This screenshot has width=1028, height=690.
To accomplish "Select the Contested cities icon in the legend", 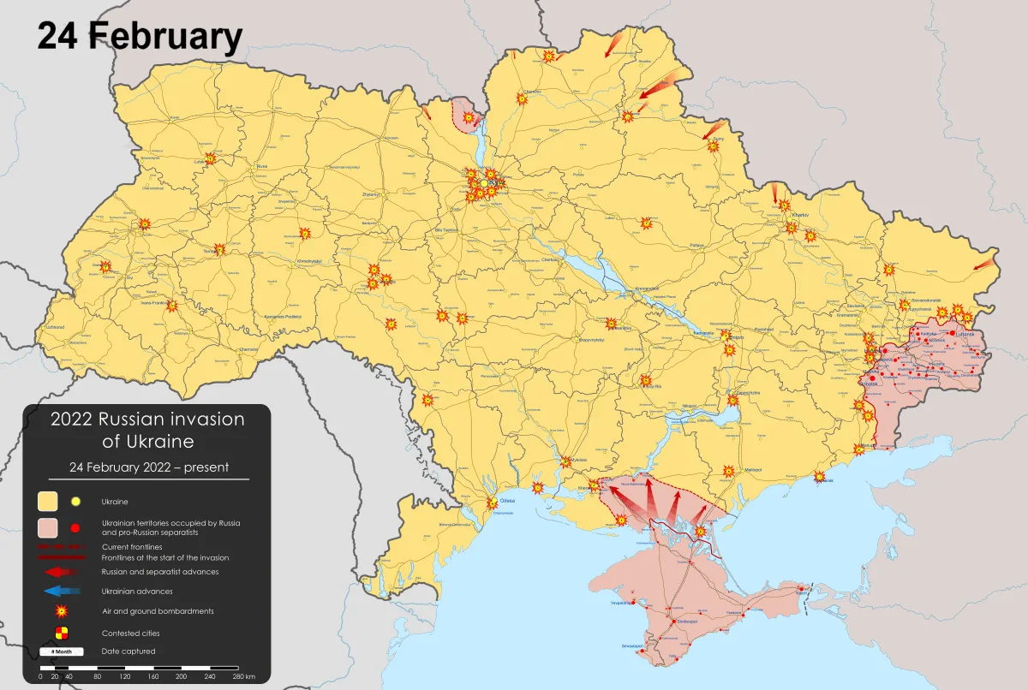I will click(x=60, y=633).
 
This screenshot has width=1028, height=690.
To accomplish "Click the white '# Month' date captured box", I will click(x=61, y=651).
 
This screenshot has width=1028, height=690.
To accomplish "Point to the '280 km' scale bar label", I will click(x=243, y=676).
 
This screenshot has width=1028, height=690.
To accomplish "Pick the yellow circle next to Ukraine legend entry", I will click(x=75, y=502).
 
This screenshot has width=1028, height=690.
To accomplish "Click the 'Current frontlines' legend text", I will click(x=131, y=546).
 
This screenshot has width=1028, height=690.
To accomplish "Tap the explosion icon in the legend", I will click(x=61, y=611).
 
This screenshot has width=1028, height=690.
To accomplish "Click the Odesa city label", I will click(x=506, y=501).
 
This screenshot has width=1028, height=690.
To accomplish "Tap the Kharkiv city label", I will click(x=800, y=214).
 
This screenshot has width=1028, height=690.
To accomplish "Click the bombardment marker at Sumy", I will click(x=712, y=146).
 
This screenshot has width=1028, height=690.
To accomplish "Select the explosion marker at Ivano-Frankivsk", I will click(x=172, y=305).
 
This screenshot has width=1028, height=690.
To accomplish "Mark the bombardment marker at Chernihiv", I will click(x=521, y=98).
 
